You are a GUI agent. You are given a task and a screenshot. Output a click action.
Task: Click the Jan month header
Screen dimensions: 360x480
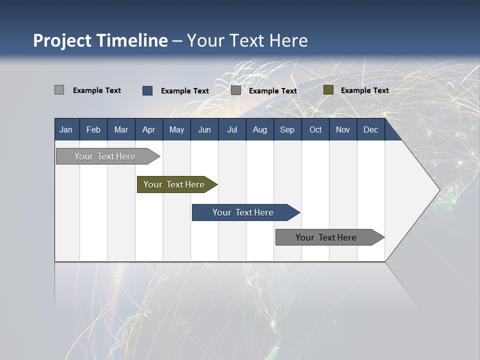point(66,129)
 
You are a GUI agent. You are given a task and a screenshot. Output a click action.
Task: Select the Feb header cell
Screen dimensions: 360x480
point(93,129)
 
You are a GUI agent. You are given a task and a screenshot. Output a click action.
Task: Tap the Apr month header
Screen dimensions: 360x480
point(149,129)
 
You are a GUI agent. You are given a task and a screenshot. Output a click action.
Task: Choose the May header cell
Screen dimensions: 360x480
point(176,129)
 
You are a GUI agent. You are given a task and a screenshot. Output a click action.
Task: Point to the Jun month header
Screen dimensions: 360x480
point(204,129)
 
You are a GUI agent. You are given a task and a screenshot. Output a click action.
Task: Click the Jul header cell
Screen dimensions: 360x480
point(232,129)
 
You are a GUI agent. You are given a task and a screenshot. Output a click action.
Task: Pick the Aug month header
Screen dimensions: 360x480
point(260,129)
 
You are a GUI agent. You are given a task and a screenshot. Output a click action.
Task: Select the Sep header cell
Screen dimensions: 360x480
point(287,129)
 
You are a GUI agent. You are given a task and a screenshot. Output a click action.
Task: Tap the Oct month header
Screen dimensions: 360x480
point(315,129)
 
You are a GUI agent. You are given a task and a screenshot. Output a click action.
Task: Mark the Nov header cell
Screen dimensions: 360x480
point(343,129)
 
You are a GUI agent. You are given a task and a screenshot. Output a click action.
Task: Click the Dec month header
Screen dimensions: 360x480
point(371,129)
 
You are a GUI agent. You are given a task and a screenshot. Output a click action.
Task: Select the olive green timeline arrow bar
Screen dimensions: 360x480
point(175,184)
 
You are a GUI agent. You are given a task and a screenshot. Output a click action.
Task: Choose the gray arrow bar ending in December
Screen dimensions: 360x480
point(327,237)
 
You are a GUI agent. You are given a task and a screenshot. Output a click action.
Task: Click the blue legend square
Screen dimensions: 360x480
point(147,90)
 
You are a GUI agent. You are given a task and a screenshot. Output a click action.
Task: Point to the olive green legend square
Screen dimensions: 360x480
point(328,90)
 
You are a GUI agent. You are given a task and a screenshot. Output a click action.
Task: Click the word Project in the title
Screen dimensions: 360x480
point(62,40)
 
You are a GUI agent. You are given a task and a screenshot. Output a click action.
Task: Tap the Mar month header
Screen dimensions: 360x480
point(121,129)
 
